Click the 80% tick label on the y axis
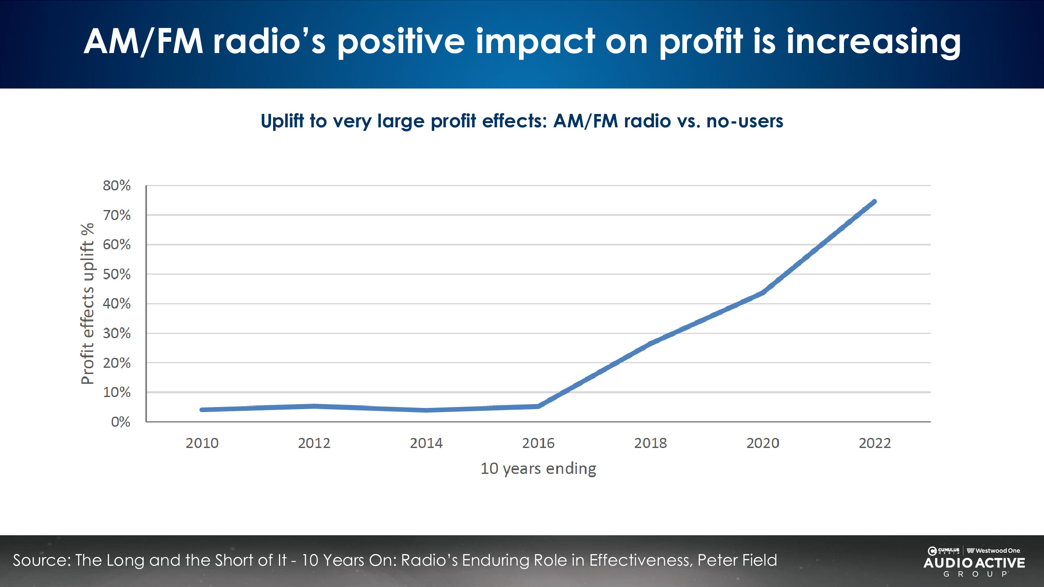[117, 185]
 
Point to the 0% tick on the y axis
[120, 422]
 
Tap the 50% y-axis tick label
[117, 274]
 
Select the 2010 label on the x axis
[202, 443]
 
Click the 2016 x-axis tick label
[538, 443]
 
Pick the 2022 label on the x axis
[874, 443]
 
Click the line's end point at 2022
[874, 202]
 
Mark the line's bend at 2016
[538, 406]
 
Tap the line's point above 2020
[763, 293]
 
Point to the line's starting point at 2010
[202, 410]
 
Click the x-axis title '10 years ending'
[538, 468]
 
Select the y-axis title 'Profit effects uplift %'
[87, 304]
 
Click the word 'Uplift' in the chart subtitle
[282, 121]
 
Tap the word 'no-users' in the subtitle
[745, 121]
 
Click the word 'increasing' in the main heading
[874, 42]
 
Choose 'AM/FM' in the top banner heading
[143, 42]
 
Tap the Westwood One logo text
[994, 551]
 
